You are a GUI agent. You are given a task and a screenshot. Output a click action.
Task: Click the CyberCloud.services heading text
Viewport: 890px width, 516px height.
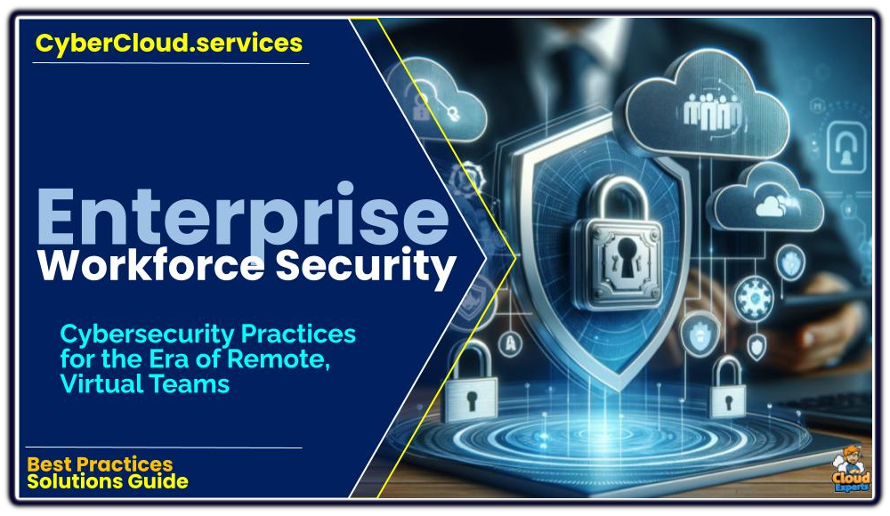(x=168, y=44)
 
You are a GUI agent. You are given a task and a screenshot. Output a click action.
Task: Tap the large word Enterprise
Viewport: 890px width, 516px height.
(x=244, y=217)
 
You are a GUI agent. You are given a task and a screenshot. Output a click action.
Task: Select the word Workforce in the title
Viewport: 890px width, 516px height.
(x=150, y=265)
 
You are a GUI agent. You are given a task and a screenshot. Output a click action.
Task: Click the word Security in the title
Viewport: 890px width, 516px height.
(x=366, y=267)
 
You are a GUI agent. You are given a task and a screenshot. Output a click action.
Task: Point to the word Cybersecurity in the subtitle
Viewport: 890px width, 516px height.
(x=149, y=335)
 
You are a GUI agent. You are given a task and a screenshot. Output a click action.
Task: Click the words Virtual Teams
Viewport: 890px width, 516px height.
(x=145, y=384)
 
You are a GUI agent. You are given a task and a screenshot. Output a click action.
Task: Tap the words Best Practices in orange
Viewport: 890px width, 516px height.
(x=100, y=464)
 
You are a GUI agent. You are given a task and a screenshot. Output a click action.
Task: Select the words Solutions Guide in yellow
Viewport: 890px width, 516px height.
(x=108, y=481)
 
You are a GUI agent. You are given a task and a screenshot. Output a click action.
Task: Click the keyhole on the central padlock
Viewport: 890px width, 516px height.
(x=627, y=256)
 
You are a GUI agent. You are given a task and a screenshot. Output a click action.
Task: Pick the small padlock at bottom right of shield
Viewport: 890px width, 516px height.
(x=728, y=388)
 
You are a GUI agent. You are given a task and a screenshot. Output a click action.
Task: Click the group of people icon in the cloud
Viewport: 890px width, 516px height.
(x=712, y=110)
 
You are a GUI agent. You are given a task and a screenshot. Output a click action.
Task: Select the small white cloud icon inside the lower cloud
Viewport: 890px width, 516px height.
(x=773, y=206)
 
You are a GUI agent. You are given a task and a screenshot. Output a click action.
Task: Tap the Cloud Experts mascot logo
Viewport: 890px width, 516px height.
(x=851, y=469)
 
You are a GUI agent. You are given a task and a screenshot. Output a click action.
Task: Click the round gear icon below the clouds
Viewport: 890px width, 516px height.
(x=753, y=297)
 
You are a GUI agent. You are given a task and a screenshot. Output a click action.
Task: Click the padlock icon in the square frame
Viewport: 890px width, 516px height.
(x=845, y=146)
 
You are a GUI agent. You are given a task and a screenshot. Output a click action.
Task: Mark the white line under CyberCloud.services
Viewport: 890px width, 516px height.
(x=171, y=63)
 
